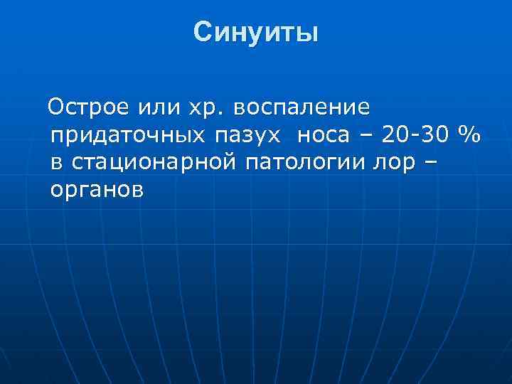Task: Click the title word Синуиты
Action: [x=255, y=32]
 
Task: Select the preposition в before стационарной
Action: [x=56, y=163]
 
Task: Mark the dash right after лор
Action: [x=430, y=162]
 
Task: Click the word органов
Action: [x=97, y=191]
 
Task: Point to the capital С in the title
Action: [x=203, y=32]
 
